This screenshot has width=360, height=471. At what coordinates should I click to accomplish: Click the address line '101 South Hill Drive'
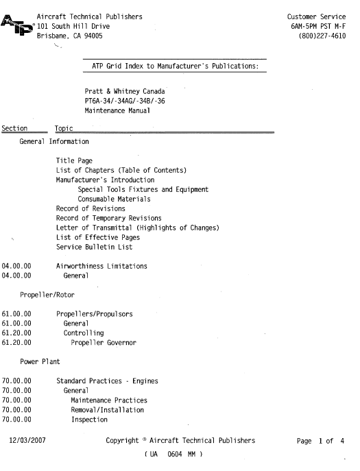73,25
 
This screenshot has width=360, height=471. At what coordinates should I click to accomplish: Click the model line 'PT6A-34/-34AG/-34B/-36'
124,101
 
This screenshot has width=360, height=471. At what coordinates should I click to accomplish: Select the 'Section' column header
14,128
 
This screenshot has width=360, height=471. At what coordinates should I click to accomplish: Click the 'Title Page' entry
74,160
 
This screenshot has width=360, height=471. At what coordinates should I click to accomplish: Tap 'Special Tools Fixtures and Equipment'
143,189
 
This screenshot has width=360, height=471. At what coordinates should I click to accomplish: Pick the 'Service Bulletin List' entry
95,247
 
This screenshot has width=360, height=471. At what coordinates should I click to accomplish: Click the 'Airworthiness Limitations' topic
101,266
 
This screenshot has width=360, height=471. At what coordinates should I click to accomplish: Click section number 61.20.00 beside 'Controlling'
17,333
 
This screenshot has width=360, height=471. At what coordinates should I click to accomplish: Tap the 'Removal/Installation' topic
107,410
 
